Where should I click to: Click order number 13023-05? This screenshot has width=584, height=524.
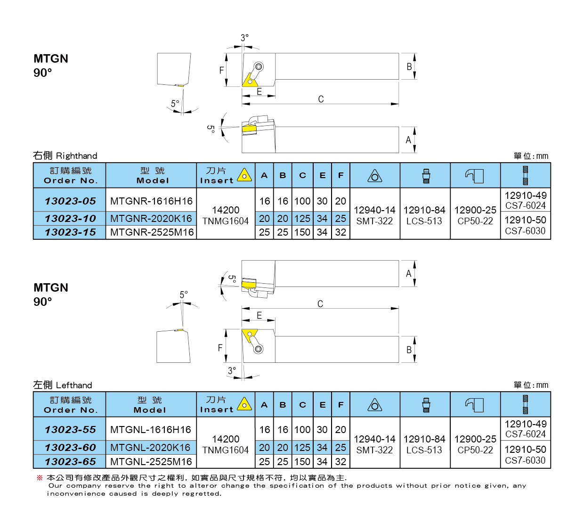[x=70, y=201]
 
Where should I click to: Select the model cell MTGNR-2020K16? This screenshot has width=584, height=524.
[x=151, y=219]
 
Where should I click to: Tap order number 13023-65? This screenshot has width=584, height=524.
[x=70, y=462]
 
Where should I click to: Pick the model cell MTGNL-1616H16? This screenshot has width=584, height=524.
[x=151, y=430]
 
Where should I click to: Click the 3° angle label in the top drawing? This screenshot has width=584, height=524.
[x=244, y=38]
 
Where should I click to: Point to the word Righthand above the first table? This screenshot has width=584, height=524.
[x=76, y=156]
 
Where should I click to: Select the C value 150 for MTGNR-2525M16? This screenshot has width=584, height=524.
[x=302, y=232]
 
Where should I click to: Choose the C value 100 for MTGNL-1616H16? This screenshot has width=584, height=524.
[x=302, y=430]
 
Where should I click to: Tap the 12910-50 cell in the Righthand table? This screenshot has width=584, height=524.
[x=525, y=225]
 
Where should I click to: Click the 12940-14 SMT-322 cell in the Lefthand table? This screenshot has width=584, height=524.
[x=374, y=444]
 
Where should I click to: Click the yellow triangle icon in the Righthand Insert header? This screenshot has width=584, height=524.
[x=244, y=175]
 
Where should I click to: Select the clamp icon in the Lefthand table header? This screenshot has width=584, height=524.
[x=475, y=405]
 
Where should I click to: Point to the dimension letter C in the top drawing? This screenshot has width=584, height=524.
[x=321, y=99]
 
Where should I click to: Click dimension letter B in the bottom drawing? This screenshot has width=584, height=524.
[x=409, y=350]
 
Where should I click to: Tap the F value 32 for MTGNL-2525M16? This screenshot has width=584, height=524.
[x=341, y=462]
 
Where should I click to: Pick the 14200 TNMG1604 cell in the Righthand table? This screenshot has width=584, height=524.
[x=226, y=215]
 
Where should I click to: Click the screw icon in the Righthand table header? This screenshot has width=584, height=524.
[x=525, y=175]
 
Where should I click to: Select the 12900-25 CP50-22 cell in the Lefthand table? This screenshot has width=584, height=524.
[x=475, y=444]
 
